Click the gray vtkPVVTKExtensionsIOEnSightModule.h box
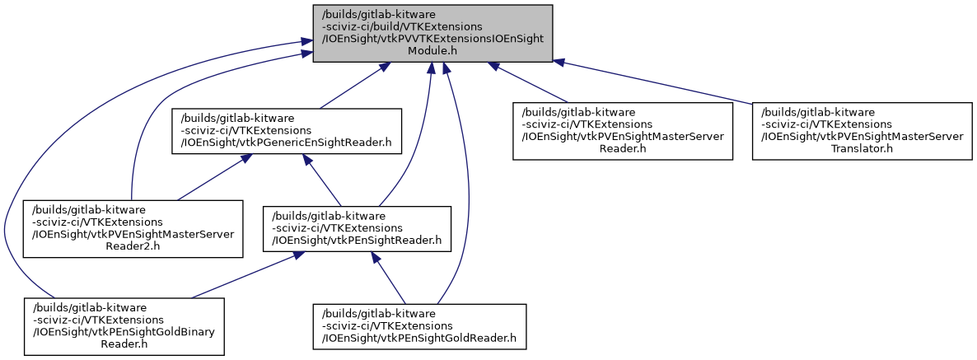click(x=432, y=33)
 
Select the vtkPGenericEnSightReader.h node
click(x=286, y=131)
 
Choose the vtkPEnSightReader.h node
click(x=358, y=229)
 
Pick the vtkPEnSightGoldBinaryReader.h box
click(x=124, y=326)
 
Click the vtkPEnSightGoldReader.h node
click(x=419, y=326)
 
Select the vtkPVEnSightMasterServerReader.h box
click(x=622, y=131)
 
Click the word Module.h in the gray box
click(x=432, y=51)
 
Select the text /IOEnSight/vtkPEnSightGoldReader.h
click(x=419, y=337)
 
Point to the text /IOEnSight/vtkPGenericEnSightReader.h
click(x=286, y=143)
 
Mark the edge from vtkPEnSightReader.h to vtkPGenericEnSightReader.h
click(x=322, y=180)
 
